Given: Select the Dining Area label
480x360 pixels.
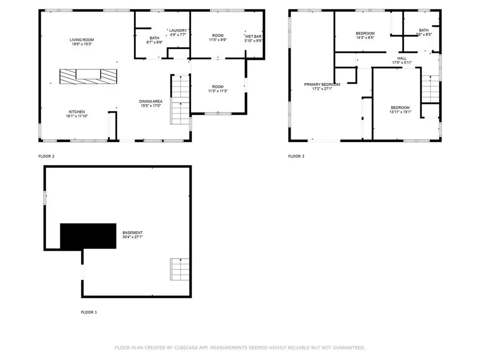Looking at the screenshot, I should pos(150,101).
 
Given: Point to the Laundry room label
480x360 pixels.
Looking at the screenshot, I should pos(178,30).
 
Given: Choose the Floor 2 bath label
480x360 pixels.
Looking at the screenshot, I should pos(154,38).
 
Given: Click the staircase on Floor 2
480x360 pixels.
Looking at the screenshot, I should pos(180,99).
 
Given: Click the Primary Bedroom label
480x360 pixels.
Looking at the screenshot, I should pos(322,84).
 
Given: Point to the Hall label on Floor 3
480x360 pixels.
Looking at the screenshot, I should pos(402,58).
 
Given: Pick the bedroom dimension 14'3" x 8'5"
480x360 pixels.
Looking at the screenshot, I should pos(365,38).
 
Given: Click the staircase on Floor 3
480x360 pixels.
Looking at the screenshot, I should pos(430,89).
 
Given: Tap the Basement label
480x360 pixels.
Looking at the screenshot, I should pos(132,232).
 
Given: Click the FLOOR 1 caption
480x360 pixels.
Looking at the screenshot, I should pos(89,312).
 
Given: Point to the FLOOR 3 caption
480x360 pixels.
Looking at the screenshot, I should pos(296,156).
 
